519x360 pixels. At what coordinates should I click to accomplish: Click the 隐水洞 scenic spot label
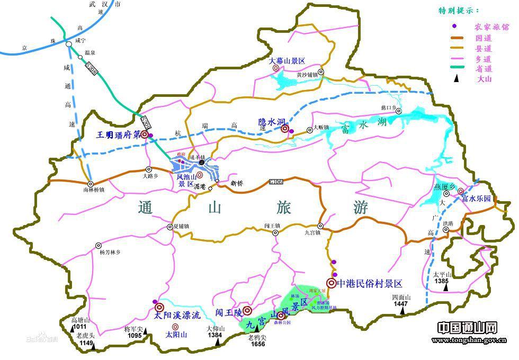[269, 122]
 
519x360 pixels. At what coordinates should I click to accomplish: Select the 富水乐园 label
[476, 199]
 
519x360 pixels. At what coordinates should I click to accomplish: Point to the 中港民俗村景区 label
[370, 283]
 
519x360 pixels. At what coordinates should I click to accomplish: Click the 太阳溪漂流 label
[177, 316]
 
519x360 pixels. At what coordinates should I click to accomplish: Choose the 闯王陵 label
[228, 312]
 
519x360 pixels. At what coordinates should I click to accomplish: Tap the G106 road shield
[276, 182]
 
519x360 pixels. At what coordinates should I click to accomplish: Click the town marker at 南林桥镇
[91, 183]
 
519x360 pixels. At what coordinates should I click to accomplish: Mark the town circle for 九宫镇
[320, 226]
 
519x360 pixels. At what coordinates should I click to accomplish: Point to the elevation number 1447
[400, 304]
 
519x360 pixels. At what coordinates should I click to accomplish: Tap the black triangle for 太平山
[446, 287]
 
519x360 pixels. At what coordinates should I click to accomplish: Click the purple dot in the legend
[454, 26]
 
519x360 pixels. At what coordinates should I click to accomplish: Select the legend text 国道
[484, 38]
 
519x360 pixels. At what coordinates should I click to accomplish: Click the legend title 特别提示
[459, 11]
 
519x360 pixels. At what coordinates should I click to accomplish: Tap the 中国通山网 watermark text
[467, 328]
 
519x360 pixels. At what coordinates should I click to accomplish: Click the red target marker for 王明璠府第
[144, 134]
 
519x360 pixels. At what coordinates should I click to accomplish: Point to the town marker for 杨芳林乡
[98, 245]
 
